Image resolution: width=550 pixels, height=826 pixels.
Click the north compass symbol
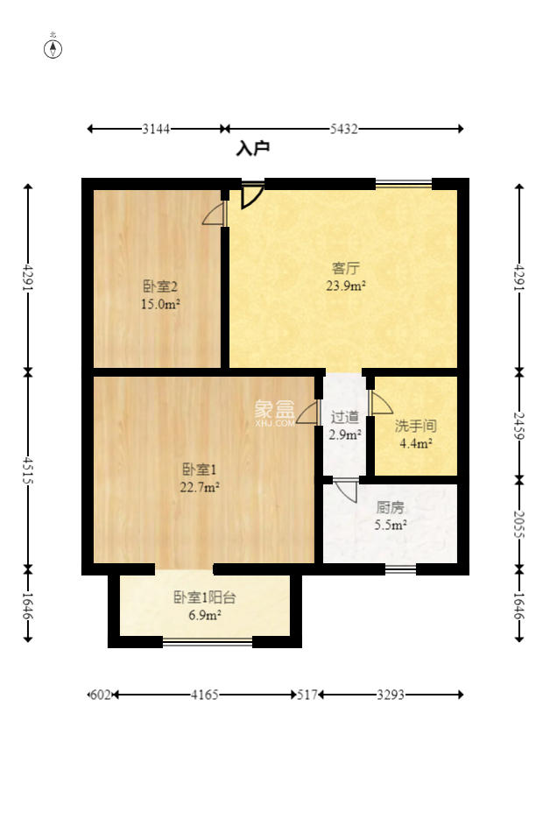(53, 48)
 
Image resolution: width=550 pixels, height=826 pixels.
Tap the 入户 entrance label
(252, 149)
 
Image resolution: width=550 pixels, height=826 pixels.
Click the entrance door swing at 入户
(252, 195)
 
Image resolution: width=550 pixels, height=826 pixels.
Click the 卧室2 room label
(160, 286)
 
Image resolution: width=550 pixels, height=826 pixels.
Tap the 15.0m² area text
(160, 304)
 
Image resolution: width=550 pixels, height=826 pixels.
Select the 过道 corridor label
(345, 417)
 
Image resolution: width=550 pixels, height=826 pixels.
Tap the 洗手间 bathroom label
(415, 427)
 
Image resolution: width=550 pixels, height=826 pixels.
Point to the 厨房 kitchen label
(391, 507)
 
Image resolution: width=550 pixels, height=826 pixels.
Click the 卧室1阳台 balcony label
(204, 598)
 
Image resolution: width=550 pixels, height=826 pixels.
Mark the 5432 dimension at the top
(344, 130)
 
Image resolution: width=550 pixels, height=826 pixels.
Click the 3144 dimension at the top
(156, 130)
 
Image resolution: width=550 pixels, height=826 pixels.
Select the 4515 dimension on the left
(28, 470)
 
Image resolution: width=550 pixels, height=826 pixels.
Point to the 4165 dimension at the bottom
(204, 695)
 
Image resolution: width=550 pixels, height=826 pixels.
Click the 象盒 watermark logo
(274, 410)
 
